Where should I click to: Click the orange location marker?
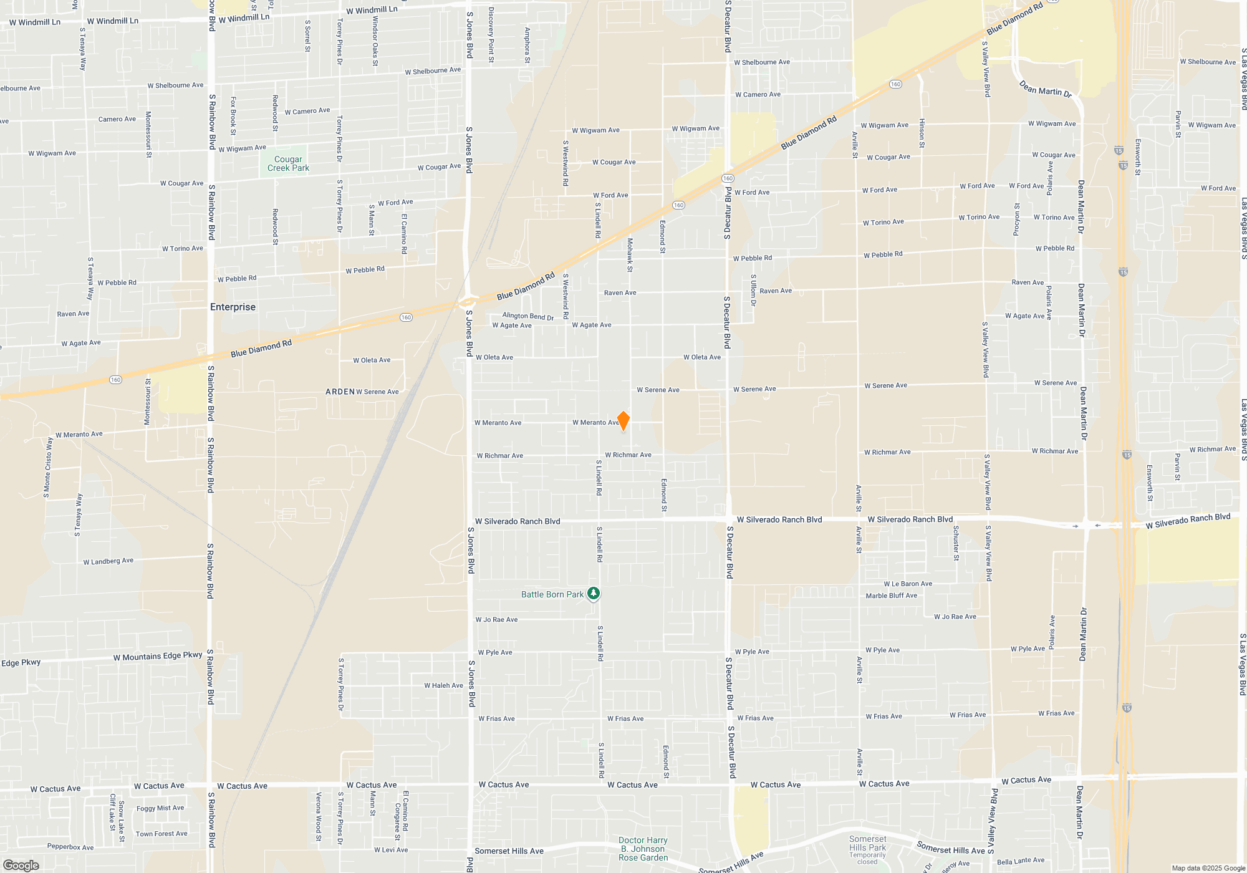[623, 421]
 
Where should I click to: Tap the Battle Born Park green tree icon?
[594, 594]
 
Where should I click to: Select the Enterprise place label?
[233, 307]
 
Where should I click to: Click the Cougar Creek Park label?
[288, 163]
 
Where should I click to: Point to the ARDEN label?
[340, 392]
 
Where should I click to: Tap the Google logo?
[21, 865]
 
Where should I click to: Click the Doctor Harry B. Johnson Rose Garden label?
[643, 849]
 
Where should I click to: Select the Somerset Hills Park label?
[867, 844]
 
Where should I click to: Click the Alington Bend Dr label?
[527, 316]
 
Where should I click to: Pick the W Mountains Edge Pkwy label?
[158, 656]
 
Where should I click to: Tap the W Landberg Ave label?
[108, 561]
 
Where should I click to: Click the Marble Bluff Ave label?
[891, 596]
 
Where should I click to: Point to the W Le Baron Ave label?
[908, 584]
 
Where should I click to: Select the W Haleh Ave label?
[443, 685]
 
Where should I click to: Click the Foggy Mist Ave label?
[160, 808]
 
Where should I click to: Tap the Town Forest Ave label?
[161, 834]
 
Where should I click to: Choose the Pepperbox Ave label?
[70, 847]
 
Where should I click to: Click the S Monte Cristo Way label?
[47, 467]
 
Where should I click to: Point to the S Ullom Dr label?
[753, 290]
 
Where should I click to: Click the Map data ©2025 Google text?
[1208, 868]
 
